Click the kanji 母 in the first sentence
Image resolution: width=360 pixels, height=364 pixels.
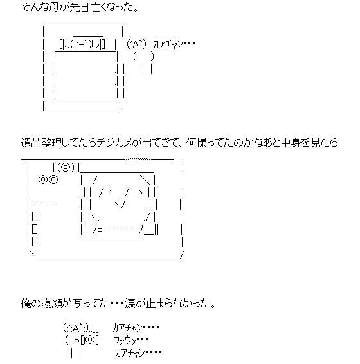point(53,7)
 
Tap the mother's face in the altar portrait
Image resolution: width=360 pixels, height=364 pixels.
point(82,44)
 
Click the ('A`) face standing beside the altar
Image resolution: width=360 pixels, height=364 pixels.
point(136,44)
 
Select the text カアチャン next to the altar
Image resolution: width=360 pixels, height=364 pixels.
point(168,44)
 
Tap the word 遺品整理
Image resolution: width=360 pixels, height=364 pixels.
point(41,143)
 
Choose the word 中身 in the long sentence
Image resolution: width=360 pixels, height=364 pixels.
point(291,143)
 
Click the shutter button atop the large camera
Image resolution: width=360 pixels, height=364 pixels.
point(66,167)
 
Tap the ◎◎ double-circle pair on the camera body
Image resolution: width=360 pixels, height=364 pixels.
point(48,179)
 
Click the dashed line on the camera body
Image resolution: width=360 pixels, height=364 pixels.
point(44,205)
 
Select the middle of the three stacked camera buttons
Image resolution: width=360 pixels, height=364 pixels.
point(35,229)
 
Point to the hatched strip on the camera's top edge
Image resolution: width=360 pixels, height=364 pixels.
point(138,159)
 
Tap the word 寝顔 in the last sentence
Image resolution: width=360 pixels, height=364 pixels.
point(51,304)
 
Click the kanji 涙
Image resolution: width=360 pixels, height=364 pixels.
point(130,304)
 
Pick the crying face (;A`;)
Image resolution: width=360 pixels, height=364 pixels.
point(76,328)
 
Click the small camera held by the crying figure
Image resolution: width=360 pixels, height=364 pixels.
point(89,340)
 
